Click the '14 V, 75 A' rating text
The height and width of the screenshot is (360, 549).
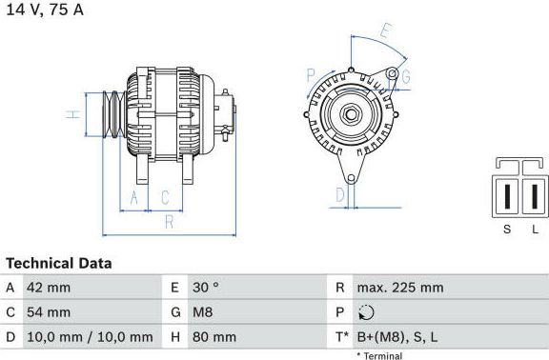[45, 10]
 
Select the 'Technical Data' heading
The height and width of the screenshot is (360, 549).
[59, 263]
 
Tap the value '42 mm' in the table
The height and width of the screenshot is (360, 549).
[49, 288]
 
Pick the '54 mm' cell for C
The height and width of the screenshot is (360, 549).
[49, 312]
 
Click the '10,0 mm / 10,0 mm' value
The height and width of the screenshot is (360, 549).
[90, 337]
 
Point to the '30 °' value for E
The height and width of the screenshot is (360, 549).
[206, 288]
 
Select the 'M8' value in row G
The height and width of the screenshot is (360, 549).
[202, 312]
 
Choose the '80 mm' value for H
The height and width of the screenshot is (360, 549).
[214, 337]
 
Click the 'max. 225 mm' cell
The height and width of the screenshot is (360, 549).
[400, 288]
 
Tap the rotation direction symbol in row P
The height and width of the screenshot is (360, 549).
[367, 312]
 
